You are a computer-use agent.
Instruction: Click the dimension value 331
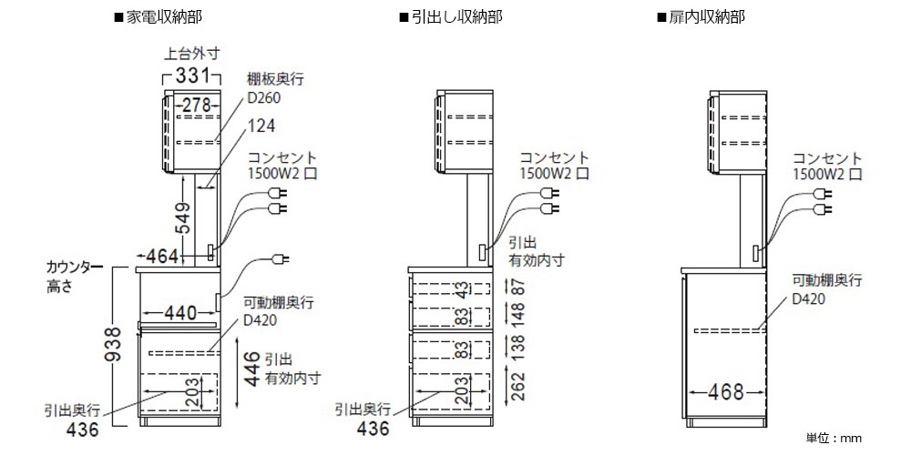click(x=192, y=76)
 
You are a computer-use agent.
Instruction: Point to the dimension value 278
click(x=196, y=106)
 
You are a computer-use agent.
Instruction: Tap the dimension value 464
click(x=163, y=258)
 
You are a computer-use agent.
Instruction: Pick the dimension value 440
click(x=180, y=313)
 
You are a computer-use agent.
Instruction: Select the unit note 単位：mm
click(x=833, y=439)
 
